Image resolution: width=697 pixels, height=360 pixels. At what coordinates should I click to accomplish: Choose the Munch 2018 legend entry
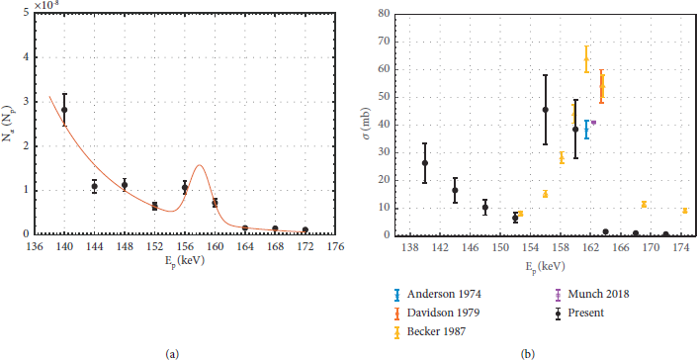594,294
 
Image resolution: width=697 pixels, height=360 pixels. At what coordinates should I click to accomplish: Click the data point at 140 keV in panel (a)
65,110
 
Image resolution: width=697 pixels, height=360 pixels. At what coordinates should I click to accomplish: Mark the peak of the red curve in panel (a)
200,165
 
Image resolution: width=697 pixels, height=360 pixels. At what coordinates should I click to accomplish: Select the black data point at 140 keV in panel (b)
425,163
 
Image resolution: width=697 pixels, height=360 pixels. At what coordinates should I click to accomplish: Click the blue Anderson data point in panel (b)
586,129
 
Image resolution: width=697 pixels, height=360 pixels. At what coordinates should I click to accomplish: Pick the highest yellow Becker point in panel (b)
586,59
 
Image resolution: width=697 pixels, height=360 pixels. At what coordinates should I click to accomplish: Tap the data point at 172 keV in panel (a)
305,230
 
